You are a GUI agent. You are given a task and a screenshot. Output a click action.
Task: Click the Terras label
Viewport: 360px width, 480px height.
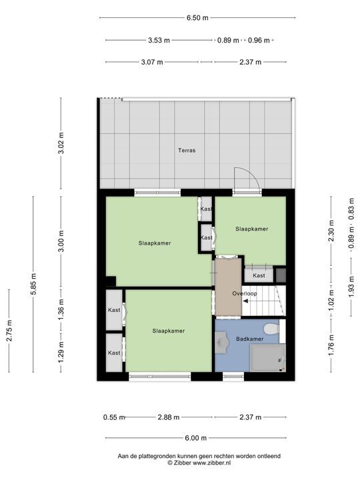pyautogui.click(x=187, y=150)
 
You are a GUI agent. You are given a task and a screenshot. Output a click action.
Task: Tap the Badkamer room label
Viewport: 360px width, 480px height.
pyautogui.click(x=250, y=339)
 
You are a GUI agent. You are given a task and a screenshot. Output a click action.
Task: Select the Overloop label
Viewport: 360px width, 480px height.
pyautogui.click(x=245, y=293)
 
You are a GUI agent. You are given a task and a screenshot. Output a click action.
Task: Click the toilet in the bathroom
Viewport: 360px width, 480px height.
pyautogui.click(x=271, y=329)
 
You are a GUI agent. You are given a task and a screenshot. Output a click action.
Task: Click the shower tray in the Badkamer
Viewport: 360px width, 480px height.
pyautogui.click(x=268, y=358)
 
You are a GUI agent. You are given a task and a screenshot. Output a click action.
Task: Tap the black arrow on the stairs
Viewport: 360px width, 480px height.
pyautogui.click(x=245, y=301)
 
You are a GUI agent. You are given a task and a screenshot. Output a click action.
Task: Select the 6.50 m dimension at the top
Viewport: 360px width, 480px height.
pyautogui.click(x=197, y=18)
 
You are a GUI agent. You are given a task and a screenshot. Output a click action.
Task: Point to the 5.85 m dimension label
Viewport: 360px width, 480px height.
pyautogui.click(x=33, y=284)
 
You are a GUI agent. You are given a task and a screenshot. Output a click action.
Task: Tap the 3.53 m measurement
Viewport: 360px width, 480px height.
pyautogui.click(x=159, y=40)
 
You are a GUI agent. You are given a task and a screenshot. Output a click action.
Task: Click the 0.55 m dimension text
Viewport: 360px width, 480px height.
pyautogui.click(x=114, y=417)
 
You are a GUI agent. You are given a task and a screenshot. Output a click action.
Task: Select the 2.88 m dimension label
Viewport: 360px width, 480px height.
pyautogui.click(x=169, y=417)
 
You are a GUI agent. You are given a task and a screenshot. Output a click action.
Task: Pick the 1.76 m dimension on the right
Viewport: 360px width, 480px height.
pyautogui.click(x=331, y=345)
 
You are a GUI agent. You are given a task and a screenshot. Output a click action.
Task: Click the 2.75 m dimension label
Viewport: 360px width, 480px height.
pyautogui.click(x=9, y=331)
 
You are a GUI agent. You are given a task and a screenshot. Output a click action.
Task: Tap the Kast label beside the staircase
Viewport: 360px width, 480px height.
pyautogui.click(x=259, y=275)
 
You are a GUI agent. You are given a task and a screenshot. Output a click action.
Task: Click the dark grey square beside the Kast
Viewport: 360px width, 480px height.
pyautogui.click(x=281, y=275)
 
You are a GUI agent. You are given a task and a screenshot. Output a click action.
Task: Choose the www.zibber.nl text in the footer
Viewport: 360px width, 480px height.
pyautogui.click(x=211, y=463)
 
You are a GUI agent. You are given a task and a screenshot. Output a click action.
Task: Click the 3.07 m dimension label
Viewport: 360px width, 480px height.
pyautogui.click(x=152, y=62)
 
